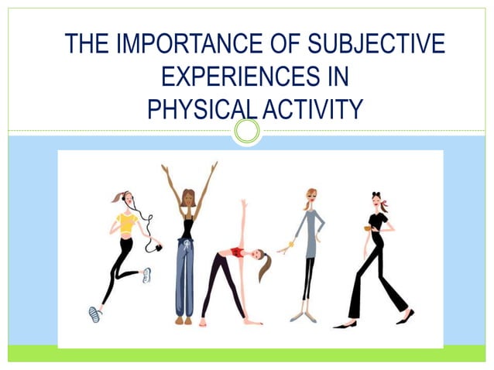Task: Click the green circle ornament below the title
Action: pyautogui.click(x=247, y=131)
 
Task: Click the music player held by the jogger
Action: pyautogui.click(x=159, y=247)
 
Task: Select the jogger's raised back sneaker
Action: pyautogui.click(x=146, y=275)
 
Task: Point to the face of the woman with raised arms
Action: pyautogui.click(x=187, y=198)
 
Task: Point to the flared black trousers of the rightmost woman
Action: pyautogui.click(x=379, y=286)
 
